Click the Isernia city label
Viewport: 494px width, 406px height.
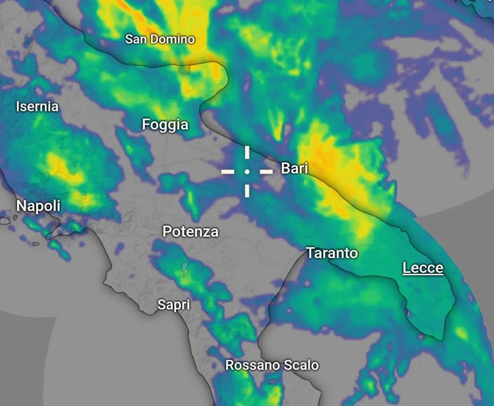point(37,107)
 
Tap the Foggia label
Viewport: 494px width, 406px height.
point(165,124)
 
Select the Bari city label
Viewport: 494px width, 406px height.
point(294,168)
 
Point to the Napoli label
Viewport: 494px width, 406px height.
point(38,206)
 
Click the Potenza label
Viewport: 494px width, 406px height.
point(190,231)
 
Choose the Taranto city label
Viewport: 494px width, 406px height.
point(332,253)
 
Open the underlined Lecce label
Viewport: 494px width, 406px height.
point(423,268)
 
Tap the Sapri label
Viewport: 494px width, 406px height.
point(174,305)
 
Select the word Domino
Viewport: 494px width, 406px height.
point(172,39)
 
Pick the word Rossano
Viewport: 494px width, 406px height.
point(252,365)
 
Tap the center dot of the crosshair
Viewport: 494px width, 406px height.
point(247,171)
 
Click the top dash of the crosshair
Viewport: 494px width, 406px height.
point(247,152)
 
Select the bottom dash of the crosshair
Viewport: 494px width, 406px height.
point(247,190)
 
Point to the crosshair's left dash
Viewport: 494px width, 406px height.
point(228,171)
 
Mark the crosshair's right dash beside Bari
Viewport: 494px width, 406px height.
point(266,171)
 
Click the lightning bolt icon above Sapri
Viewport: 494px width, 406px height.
point(185,269)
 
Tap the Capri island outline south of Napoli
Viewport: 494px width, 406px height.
point(36,244)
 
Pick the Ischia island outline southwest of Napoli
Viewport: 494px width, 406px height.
point(5,221)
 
